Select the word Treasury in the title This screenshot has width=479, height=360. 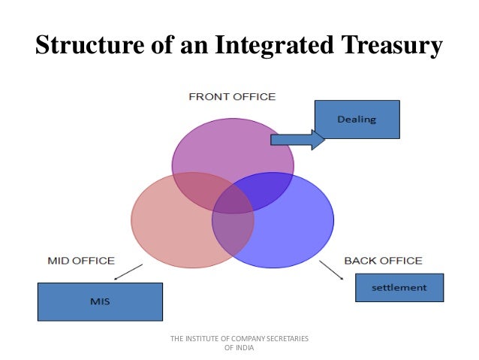pos(388,45)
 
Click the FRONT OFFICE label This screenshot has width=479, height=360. pos(232,97)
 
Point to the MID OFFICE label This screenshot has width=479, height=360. pos(81,261)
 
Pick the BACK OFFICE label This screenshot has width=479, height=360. pos(383,261)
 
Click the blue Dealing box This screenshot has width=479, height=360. pos(357,119)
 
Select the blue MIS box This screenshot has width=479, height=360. pos(100,301)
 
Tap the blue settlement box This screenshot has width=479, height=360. pos(399,287)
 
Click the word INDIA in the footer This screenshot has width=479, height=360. pos(246,347)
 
